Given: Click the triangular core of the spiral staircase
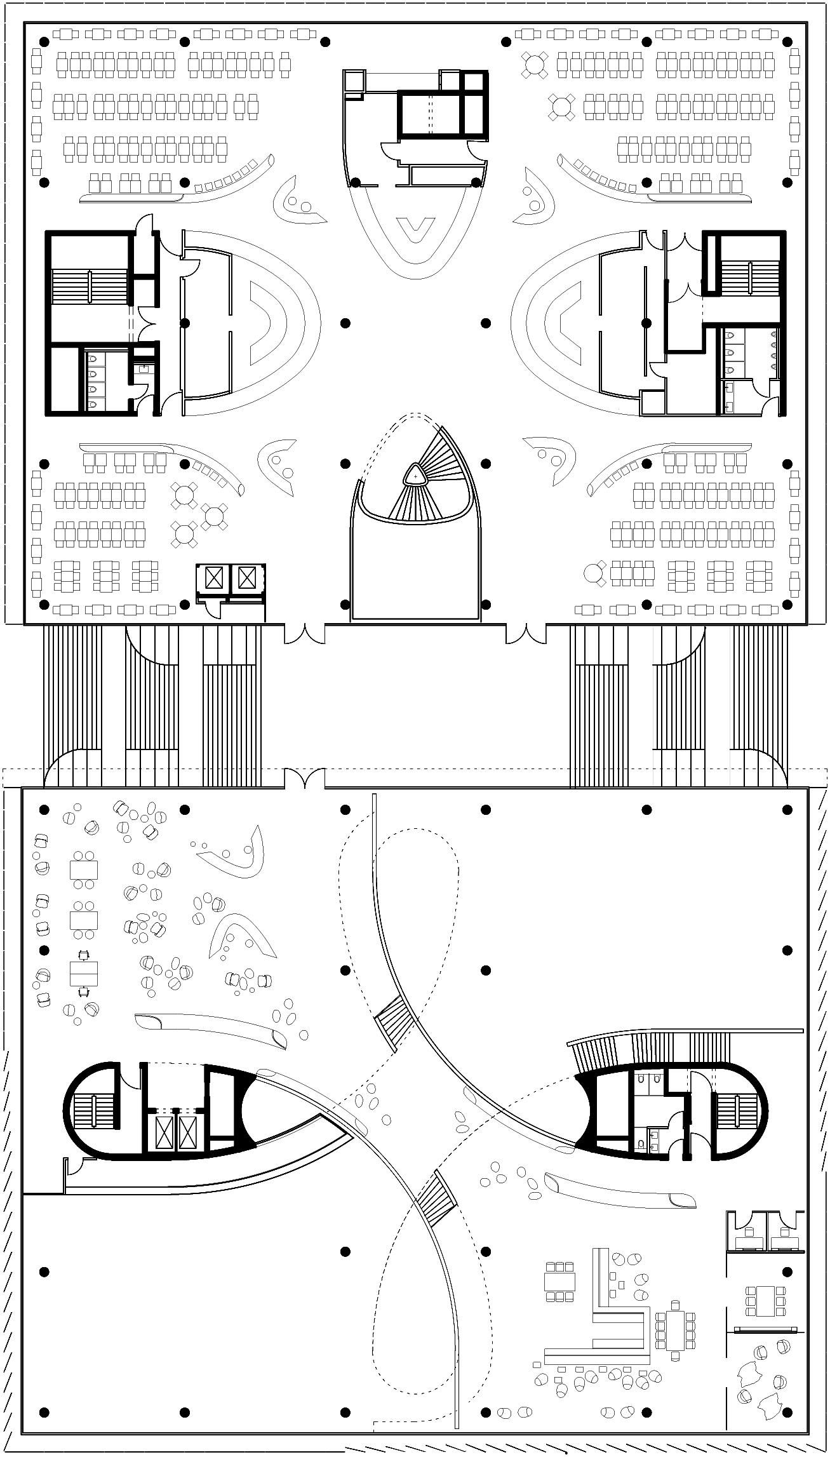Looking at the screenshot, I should pos(415,474).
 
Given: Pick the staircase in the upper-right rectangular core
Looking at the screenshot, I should pos(749,278).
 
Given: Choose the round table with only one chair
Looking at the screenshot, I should pos(594,574).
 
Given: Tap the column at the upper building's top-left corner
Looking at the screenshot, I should pos(44,42).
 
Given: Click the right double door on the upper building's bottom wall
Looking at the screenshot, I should pos(525,633).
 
